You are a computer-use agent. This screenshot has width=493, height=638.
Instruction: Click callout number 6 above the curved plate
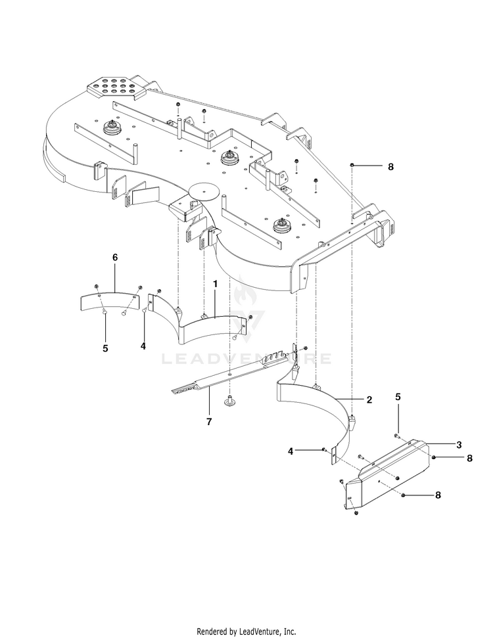pos(115,258)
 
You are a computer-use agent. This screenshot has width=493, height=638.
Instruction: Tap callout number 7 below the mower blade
pos(208,422)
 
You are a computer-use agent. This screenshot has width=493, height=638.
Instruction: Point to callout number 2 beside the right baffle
pos(369,399)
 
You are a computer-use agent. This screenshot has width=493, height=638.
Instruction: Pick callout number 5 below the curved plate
pos(105,349)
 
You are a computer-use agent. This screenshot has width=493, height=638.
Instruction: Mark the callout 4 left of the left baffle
pos(143,345)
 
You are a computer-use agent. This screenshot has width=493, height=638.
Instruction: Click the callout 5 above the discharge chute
pos(398,397)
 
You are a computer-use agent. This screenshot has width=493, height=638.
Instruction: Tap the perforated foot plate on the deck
pos(114,87)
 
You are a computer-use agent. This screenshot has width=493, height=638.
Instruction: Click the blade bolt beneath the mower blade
pos(230,399)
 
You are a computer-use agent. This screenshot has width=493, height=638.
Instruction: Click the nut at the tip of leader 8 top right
pos(354,166)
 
